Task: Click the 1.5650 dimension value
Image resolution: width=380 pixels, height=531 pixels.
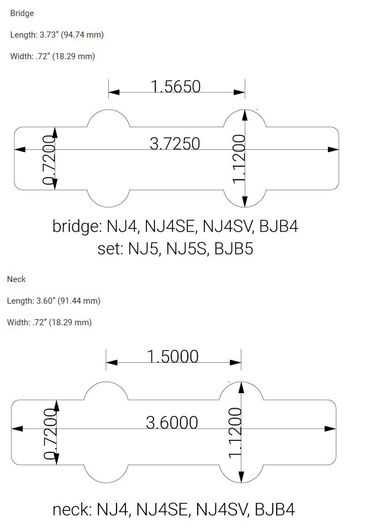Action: click(x=176, y=87)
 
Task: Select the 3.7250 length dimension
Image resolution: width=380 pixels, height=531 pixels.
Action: click(x=175, y=144)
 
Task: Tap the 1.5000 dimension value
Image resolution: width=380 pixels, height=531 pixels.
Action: click(x=172, y=356)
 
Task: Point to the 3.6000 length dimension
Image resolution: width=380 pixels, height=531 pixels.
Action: click(x=172, y=423)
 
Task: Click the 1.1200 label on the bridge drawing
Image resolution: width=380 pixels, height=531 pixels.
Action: click(x=239, y=158)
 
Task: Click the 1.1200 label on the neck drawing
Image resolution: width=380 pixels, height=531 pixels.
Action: click(x=235, y=432)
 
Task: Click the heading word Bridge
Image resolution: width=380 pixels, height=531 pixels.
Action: click(x=22, y=13)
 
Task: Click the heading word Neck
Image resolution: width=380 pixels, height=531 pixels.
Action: click(x=17, y=279)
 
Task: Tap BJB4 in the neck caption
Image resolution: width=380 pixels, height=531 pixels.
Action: click(x=275, y=509)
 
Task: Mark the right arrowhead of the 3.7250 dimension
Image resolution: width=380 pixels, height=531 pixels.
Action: click(x=334, y=149)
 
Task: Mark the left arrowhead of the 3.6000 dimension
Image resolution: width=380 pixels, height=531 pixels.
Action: click(x=17, y=429)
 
